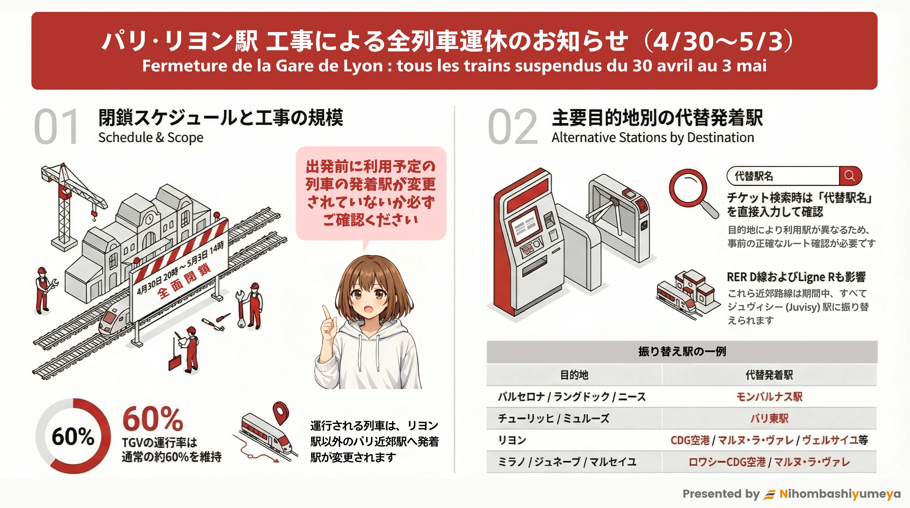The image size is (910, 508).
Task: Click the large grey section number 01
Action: click(x=57, y=126)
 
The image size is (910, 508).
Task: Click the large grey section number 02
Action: click(x=513, y=126)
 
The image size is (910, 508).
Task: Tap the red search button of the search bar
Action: click(x=850, y=176)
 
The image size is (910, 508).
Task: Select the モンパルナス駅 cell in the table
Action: click(x=769, y=397)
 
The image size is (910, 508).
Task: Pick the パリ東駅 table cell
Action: click(x=769, y=418)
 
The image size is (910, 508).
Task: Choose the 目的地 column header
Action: click(x=574, y=375)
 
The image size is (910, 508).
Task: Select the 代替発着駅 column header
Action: click(x=769, y=375)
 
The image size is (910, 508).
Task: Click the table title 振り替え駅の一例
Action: click(x=682, y=352)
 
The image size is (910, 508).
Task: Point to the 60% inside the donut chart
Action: click(x=73, y=437)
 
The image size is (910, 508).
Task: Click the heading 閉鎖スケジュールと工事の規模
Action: click(x=221, y=118)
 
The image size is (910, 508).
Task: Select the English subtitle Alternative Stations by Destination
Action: click(x=653, y=138)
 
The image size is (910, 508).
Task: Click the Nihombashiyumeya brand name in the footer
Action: click(x=840, y=493)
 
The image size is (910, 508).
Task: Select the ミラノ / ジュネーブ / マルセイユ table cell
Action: click(x=567, y=462)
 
